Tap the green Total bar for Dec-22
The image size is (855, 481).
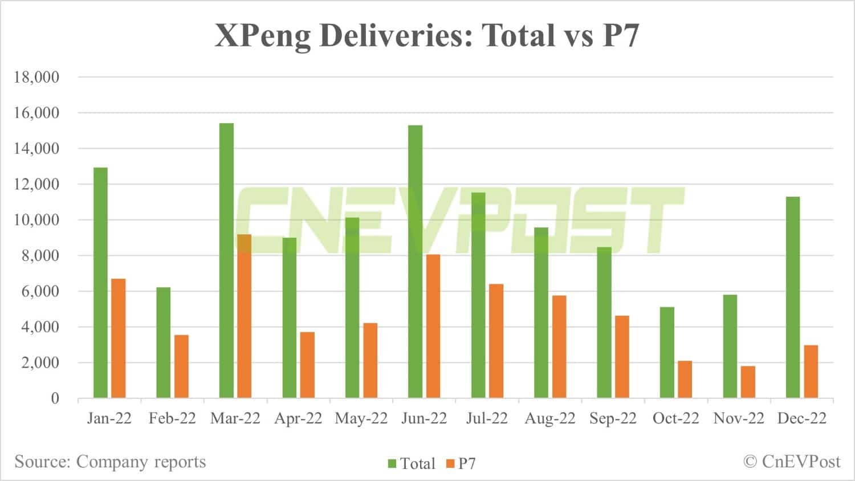point(793,297)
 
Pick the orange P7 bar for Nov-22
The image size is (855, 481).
point(748,382)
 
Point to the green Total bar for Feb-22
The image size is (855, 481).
point(164,343)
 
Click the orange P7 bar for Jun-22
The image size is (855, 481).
point(433,326)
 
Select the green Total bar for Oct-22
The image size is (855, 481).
point(667,352)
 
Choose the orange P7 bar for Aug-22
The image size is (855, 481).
point(559,347)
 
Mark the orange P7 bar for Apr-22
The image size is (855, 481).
point(307,365)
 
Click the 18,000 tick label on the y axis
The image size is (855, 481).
point(36,77)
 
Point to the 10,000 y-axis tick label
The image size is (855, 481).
point(36,220)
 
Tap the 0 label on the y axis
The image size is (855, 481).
point(55,398)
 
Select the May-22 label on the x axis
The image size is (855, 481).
point(361,418)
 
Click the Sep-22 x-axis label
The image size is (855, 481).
point(613,418)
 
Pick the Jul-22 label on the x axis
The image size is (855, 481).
point(487,418)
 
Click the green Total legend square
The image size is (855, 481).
point(392,464)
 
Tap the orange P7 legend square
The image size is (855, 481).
point(450,464)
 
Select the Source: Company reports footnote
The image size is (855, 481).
point(110,462)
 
